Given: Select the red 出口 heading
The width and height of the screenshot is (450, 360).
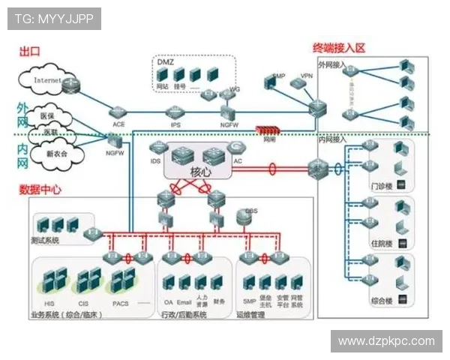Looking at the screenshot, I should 30,52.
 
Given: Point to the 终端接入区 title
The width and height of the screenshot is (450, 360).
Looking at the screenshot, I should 339,48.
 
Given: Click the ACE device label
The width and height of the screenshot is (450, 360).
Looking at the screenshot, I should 118,124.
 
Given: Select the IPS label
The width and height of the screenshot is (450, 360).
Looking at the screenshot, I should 175,124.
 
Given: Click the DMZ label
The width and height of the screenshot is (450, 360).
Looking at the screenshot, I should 165,62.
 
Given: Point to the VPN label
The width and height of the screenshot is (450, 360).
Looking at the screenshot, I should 306,76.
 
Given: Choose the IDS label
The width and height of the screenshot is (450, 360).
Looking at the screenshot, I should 155,160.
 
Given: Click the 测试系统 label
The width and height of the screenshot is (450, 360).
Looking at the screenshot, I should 45,241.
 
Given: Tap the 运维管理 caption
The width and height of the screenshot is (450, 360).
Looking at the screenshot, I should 251,315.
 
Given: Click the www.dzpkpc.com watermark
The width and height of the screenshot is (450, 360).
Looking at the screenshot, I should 386,341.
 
